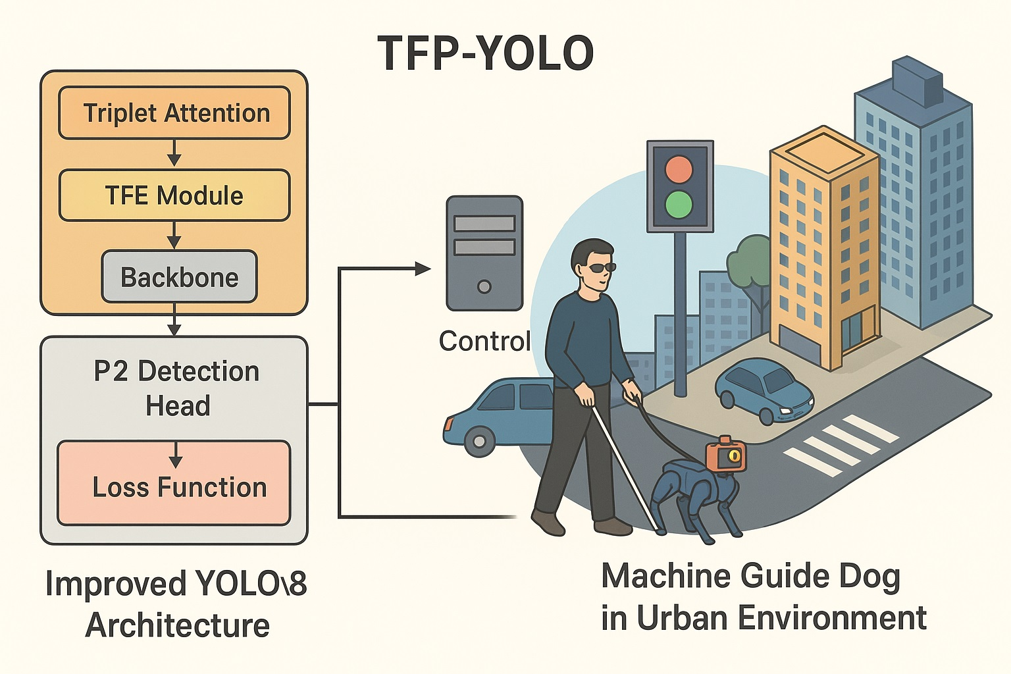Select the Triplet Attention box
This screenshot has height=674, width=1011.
coord(174,113)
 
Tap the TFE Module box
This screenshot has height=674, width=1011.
coord(174,195)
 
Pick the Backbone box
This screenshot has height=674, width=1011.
coord(179,277)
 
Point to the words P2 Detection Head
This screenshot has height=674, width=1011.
coord(176,388)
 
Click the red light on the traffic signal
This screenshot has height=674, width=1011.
coord(679,169)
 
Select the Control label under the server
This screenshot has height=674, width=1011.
coord(484,341)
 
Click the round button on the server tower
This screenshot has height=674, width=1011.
coord(484,286)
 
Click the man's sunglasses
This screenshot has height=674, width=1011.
coord(600,267)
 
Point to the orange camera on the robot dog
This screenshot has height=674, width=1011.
coord(727,455)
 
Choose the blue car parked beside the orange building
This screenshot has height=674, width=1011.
coord(764,390)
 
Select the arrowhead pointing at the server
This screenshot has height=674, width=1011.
coord(423,268)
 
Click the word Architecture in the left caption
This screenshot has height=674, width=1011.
coord(178,625)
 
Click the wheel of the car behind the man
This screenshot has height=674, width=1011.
coord(479,441)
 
